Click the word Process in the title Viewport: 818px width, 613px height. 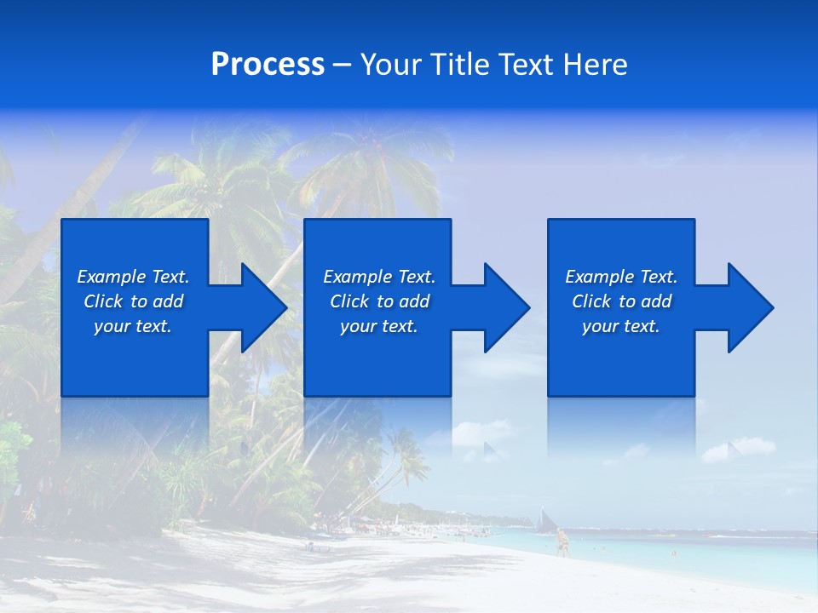[x=268, y=65]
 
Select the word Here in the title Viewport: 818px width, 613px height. [x=596, y=65]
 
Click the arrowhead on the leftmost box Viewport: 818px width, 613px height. [x=261, y=307]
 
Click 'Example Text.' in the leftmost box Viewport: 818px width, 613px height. [x=133, y=277]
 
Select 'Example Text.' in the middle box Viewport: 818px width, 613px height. [x=379, y=277]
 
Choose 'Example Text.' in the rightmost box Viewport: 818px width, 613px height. [x=621, y=277]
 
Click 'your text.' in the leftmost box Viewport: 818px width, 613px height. [x=133, y=326]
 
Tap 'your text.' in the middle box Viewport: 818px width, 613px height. [x=379, y=326]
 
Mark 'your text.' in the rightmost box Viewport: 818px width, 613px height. [x=621, y=326]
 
